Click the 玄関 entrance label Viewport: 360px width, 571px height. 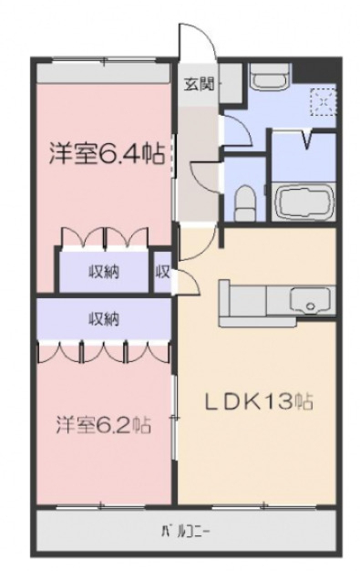[200, 85]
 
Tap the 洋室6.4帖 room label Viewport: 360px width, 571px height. [106, 153]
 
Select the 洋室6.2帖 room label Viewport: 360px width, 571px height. [102, 425]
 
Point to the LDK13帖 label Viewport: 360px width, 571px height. [258, 401]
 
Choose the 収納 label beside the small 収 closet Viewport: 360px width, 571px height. [103, 270]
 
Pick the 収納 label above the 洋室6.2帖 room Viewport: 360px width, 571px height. [103, 318]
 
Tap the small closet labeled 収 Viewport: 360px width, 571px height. [164, 271]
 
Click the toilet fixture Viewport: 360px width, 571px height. [244, 201]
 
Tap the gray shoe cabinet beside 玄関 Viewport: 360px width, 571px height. [229, 85]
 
